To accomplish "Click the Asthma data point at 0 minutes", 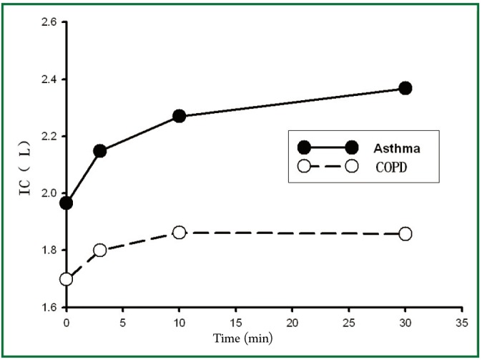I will pos(67,203).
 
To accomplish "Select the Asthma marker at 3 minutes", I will pos(100,151).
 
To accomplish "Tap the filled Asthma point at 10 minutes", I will pos(179,116).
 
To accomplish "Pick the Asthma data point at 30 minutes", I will pos(405,88).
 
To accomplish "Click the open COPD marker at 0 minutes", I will pos(67,279).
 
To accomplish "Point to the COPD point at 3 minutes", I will pos(100,250).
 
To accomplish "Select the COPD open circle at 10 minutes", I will pos(179,233).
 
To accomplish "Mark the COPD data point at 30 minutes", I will pos(405,233).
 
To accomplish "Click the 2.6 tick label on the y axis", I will pos(49,22).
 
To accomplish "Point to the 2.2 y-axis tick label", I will pos(49,136).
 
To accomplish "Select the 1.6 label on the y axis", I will pos(49,308).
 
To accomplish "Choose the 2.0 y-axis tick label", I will pos(49,193).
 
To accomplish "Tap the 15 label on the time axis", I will pos(235,321).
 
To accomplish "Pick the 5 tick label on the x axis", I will pos(122,321).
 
